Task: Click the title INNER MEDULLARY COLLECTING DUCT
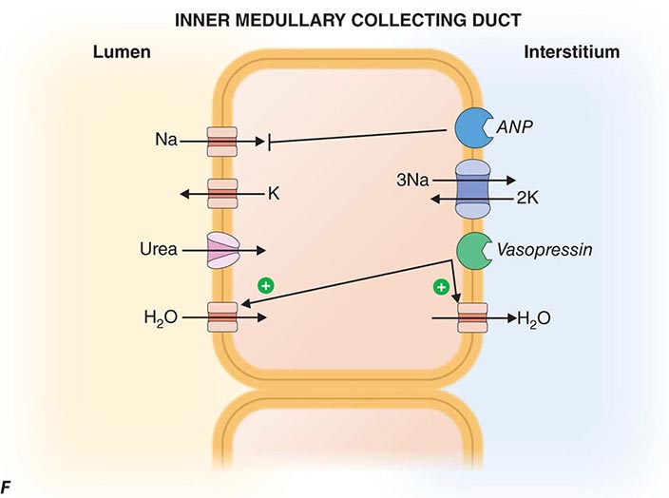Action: click(335, 18)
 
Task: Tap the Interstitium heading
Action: click(571, 52)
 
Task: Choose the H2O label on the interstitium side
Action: click(534, 317)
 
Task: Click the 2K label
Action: click(527, 200)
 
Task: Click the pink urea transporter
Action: click(223, 251)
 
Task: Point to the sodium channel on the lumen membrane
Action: click(223, 142)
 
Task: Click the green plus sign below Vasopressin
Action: click(441, 286)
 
